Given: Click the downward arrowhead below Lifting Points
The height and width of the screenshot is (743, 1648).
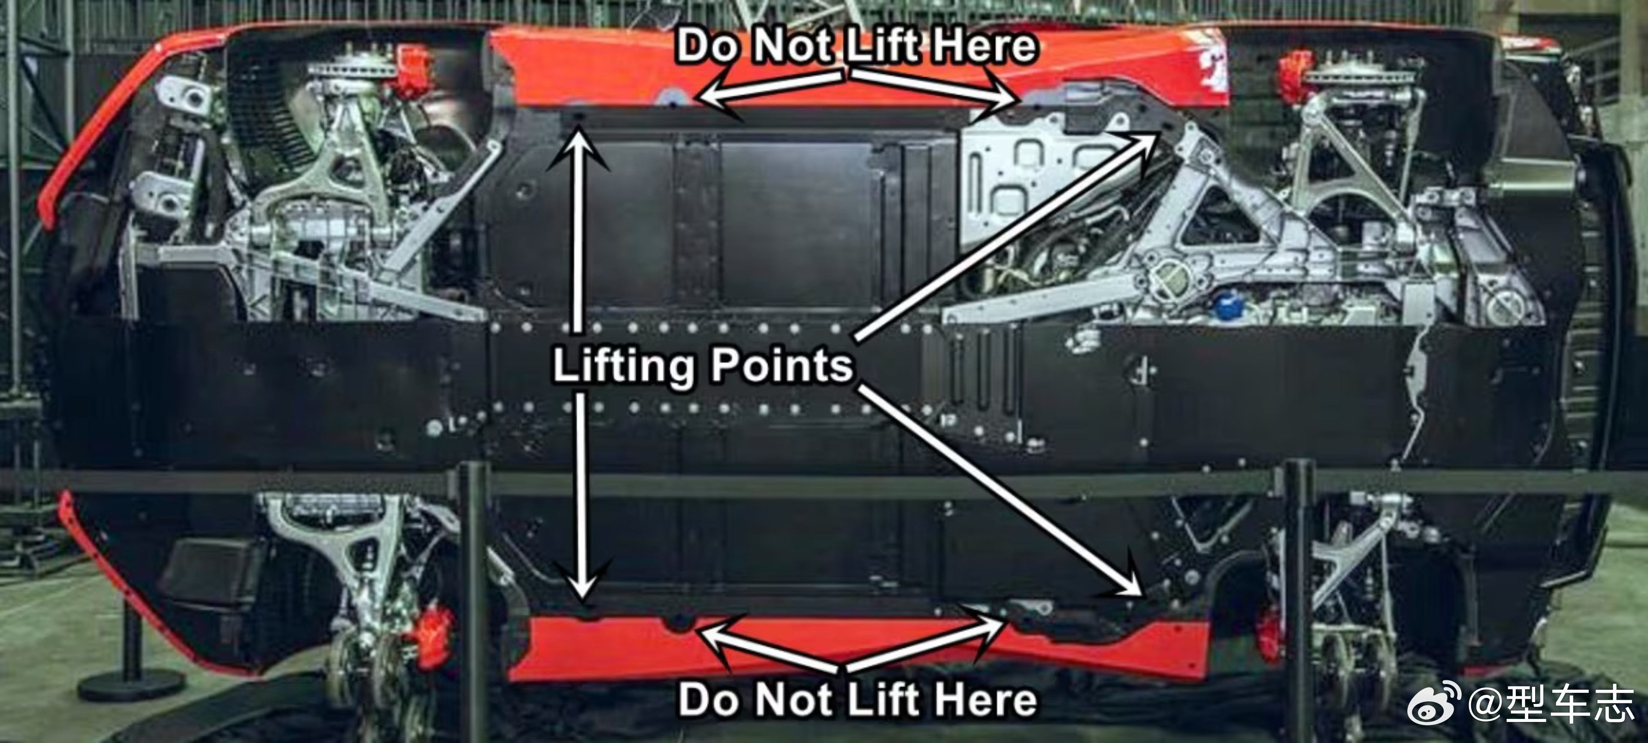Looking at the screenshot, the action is tap(581, 579).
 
